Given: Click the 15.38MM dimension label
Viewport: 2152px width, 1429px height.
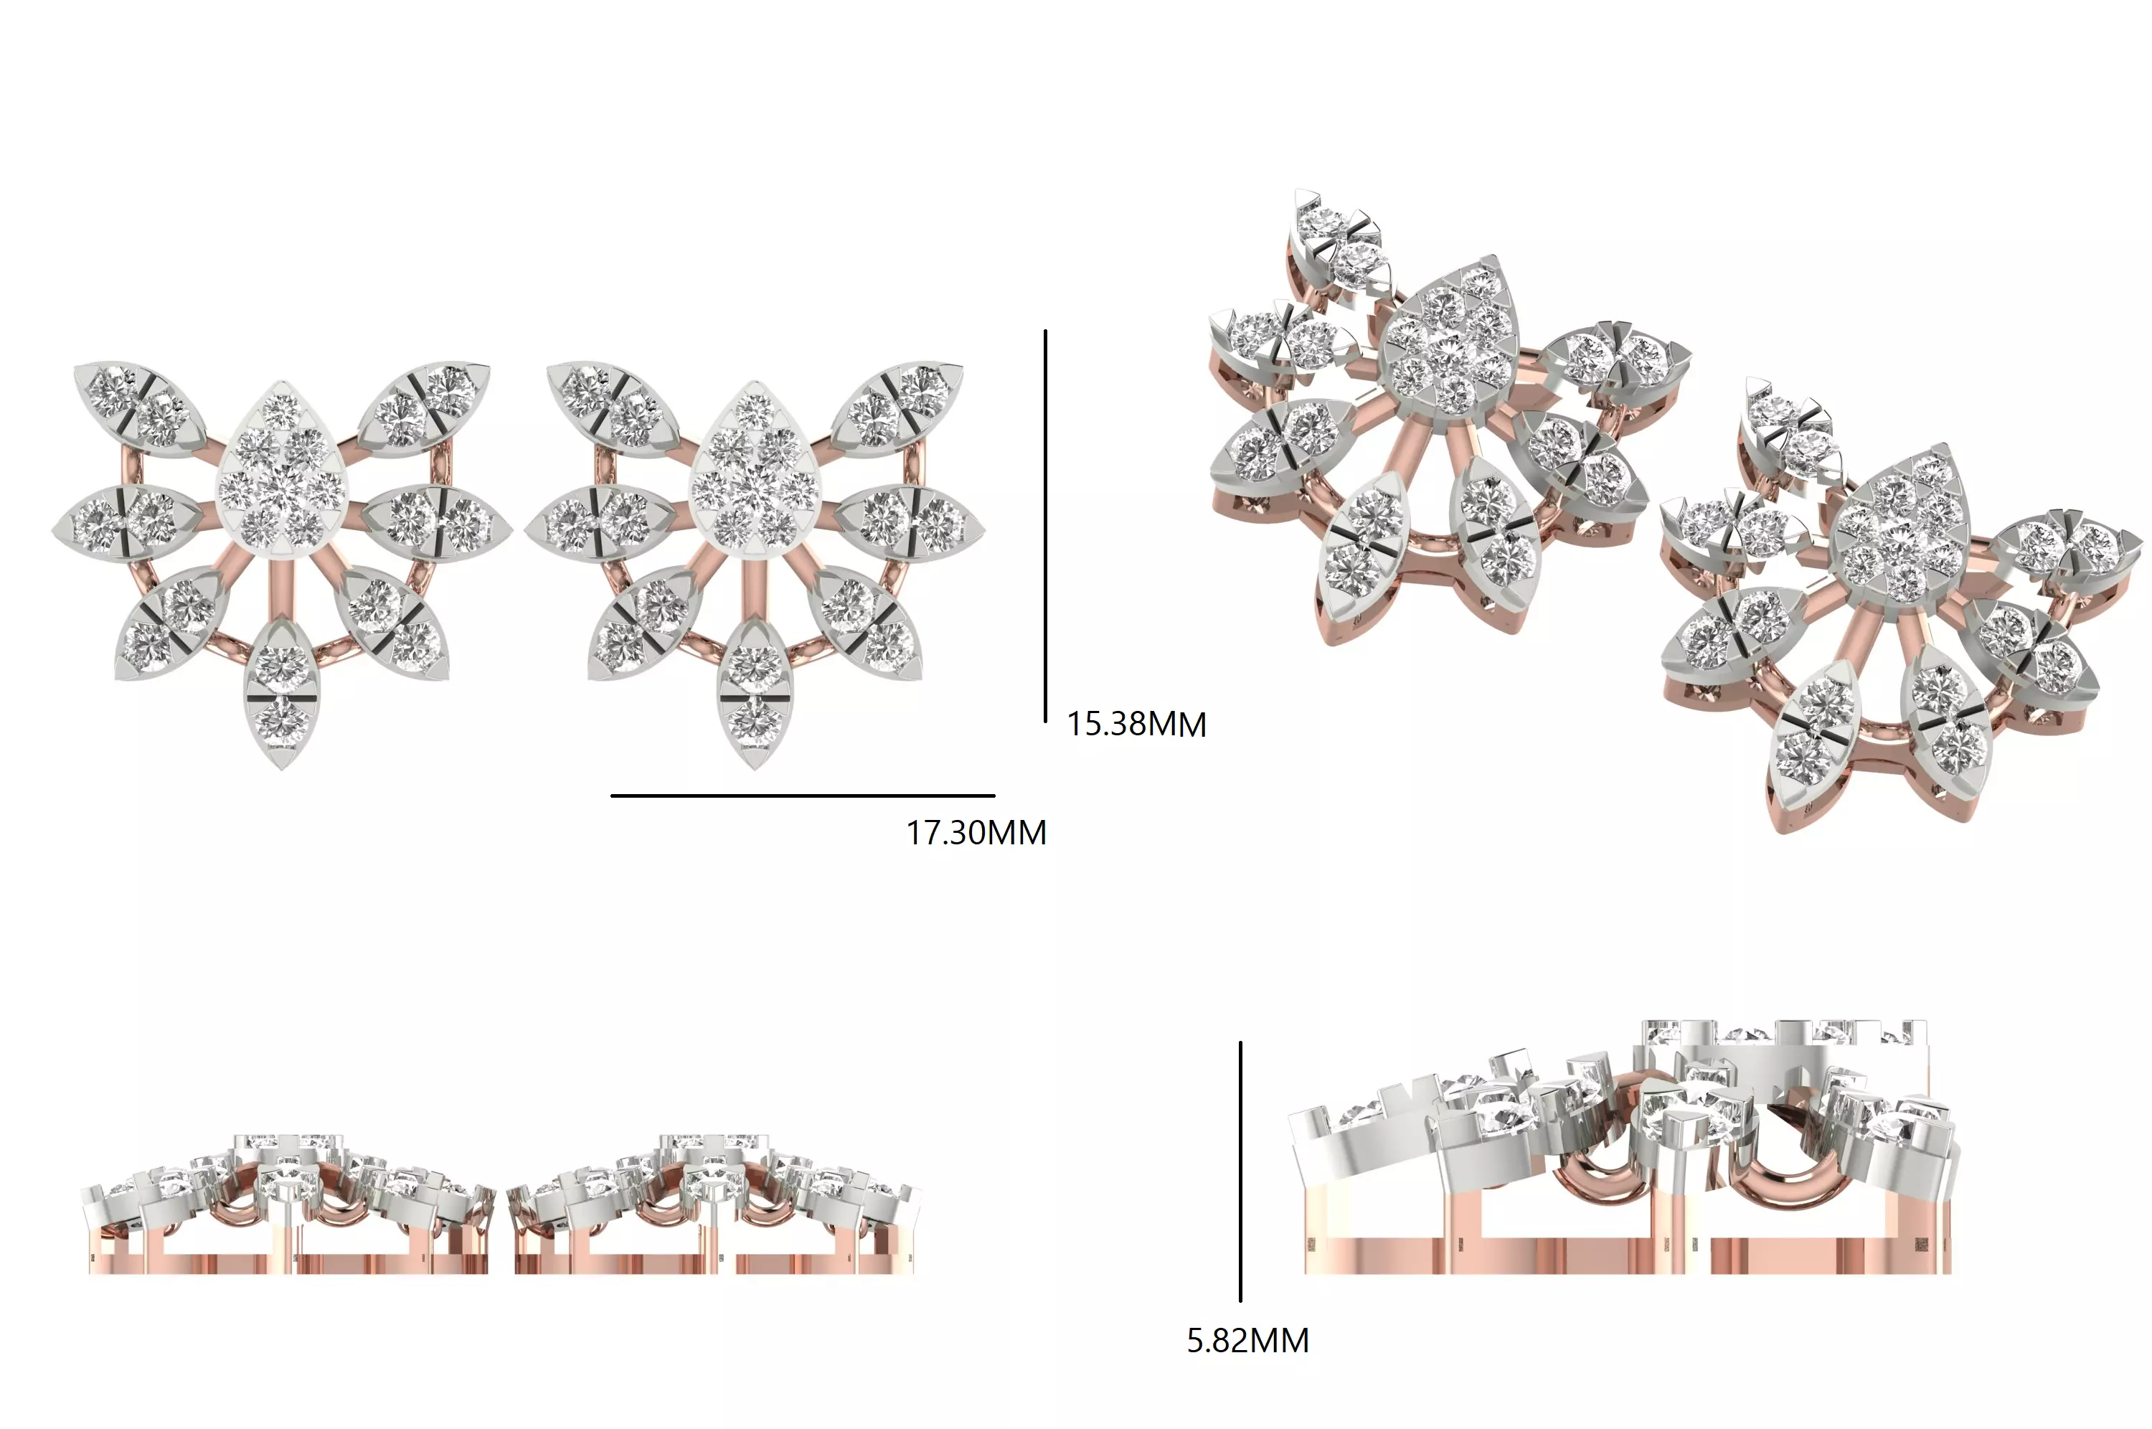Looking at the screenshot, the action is click(x=1136, y=725).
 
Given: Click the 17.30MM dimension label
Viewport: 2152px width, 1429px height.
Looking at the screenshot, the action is click(x=976, y=833).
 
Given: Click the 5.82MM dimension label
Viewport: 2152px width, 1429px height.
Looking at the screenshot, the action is click(x=1247, y=1341).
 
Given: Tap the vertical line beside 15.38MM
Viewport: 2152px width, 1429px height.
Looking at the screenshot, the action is click(x=1045, y=527).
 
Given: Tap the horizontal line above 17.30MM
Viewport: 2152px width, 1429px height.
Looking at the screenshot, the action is click(x=802, y=796).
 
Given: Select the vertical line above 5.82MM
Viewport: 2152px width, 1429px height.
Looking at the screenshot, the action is click(x=1240, y=1171).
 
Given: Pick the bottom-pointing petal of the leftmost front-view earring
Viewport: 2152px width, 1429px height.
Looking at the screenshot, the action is click(x=280, y=693).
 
